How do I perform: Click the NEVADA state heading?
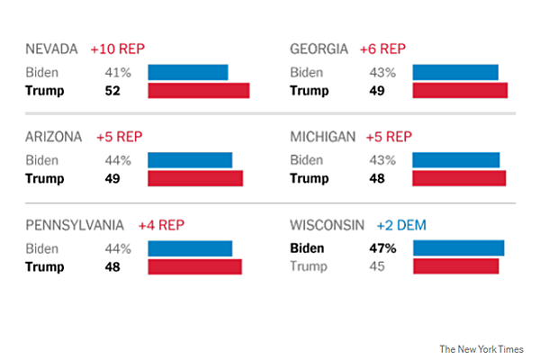[x=54, y=49]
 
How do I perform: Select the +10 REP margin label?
[x=117, y=49]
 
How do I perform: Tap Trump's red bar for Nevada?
[x=198, y=90]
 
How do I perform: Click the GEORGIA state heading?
[x=319, y=49]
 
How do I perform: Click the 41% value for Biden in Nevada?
[x=117, y=71]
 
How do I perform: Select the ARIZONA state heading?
[x=54, y=137]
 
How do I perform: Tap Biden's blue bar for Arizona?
[x=190, y=160]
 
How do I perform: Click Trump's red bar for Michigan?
[x=459, y=178]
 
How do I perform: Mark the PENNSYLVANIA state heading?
[x=76, y=225]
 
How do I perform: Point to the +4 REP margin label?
[x=161, y=225]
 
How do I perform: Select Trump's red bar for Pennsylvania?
[x=194, y=266]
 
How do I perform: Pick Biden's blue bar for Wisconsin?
[x=459, y=248]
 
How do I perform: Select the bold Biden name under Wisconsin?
[x=307, y=248]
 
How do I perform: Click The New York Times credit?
[x=481, y=347]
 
